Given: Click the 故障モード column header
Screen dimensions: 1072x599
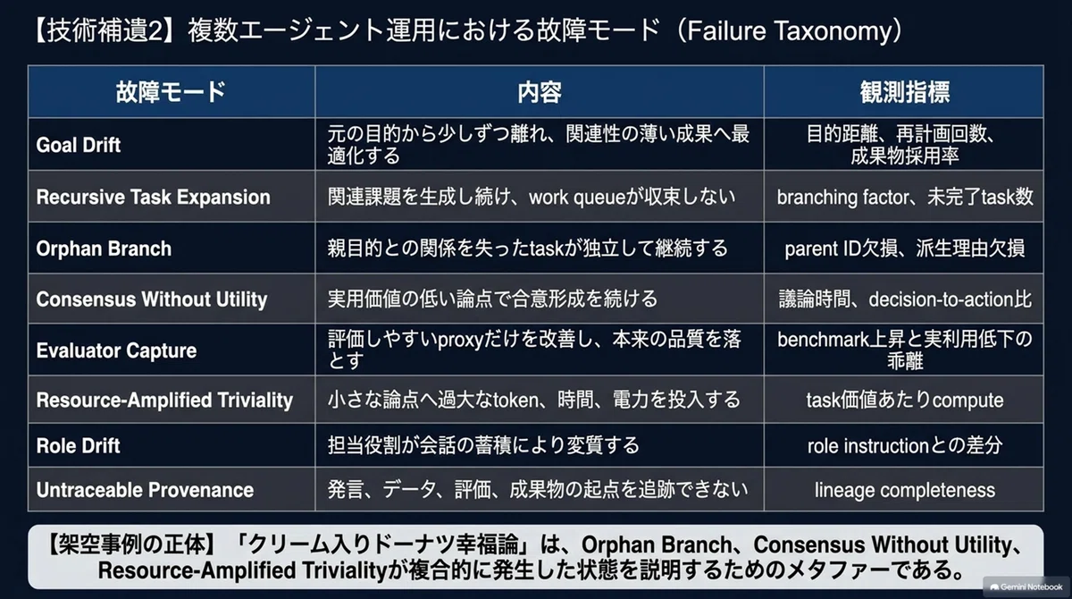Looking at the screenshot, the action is pos(171,92).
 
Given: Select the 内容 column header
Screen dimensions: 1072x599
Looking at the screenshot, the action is pos(540,92).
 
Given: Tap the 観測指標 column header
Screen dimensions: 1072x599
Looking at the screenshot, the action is pos(904,92).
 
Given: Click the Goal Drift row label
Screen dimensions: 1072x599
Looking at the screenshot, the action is pos(79,145).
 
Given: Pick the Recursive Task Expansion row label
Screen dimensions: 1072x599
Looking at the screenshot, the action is pos(153,197).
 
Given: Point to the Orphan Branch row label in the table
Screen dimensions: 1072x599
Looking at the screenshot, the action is pos(104,249).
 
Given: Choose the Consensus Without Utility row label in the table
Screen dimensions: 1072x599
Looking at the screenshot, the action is pos(152,299).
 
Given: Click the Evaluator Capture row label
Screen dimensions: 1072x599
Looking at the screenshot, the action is pos(116,350).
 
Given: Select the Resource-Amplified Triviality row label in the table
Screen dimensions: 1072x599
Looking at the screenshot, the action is pos(164,400).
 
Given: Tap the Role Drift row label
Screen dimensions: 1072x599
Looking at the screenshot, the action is pos(78,446).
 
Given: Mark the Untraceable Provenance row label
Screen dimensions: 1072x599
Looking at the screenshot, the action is pos(145,490).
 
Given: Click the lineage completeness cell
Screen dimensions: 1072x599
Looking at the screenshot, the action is pos(904,490).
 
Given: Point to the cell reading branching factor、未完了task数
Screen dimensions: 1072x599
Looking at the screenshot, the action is pos(904,197).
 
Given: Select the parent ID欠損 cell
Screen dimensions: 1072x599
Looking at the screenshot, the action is pos(904,249).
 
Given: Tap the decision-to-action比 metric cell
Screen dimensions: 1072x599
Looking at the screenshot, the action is pos(904,299).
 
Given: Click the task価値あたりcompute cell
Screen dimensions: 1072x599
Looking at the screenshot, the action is pos(904,400).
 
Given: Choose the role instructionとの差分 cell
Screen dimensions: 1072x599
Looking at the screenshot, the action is pos(904,446).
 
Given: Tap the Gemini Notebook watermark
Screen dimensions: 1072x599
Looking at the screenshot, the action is pos(1026,587).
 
